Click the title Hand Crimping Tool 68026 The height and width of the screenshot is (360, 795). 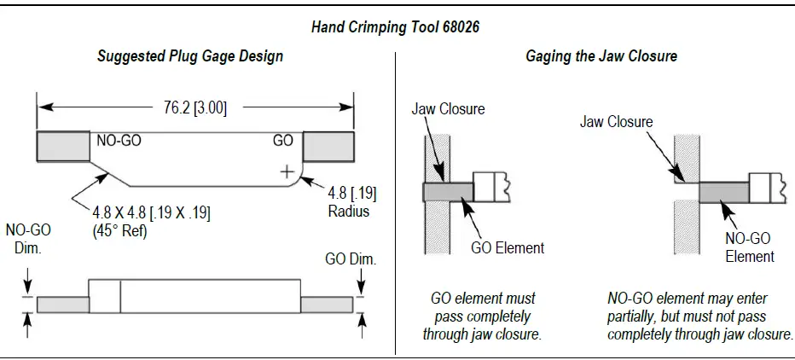point(395,27)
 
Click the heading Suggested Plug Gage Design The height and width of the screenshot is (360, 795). point(189,56)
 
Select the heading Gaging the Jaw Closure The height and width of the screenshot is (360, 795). point(601,56)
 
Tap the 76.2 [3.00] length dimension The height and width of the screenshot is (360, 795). point(194,107)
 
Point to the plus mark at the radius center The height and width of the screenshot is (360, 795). point(287,171)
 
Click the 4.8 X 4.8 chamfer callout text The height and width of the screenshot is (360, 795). point(152,211)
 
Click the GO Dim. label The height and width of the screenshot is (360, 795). point(351,259)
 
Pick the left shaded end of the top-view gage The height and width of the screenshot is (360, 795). point(63,147)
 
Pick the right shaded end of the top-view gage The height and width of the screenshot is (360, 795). point(328,147)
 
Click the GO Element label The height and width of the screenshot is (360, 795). point(508,248)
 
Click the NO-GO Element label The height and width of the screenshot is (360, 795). point(749,248)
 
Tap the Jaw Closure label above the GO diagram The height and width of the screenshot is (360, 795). point(448,109)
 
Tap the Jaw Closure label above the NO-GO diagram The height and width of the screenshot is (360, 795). point(616,122)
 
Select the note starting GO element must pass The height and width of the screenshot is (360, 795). point(482,316)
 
